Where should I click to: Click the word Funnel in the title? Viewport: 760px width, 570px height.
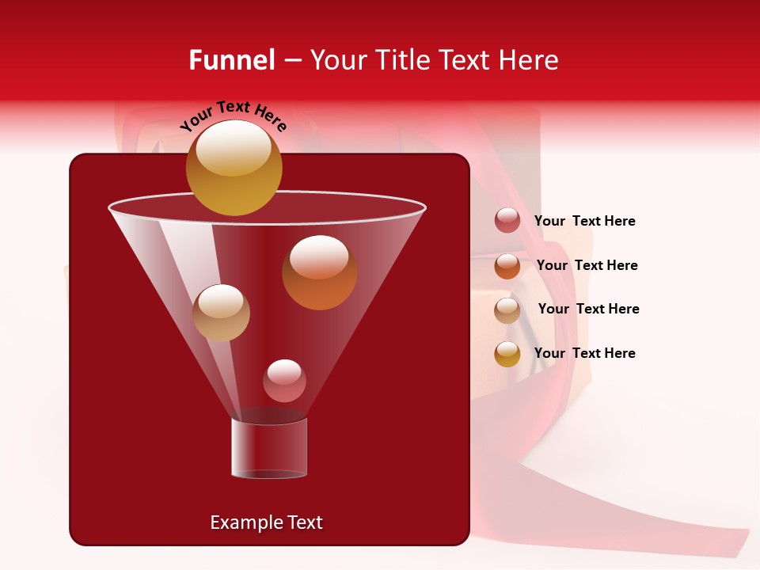[232, 60]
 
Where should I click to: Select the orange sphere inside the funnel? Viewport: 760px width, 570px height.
[319, 272]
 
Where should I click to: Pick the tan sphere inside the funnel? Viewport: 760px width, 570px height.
[221, 313]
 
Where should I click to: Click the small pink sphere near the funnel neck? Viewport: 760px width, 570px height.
[284, 381]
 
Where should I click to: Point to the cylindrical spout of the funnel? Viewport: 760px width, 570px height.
[268, 448]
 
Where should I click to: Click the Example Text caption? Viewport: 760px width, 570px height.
[266, 522]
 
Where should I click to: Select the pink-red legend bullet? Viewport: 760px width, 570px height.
[507, 221]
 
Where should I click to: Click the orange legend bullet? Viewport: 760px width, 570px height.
[507, 266]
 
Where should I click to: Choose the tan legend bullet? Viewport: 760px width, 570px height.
[507, 310]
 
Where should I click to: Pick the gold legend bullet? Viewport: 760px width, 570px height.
[507, 354]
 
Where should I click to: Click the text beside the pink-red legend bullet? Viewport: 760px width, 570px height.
[584, 222]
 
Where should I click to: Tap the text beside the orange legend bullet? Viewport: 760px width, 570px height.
[587, 266]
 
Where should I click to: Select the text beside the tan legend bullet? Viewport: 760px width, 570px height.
[588, 310]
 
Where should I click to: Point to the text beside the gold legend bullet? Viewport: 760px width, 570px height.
[584, 353]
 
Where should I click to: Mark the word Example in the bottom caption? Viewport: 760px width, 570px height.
[245, 522]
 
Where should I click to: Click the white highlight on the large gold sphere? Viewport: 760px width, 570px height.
[233, 148]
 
